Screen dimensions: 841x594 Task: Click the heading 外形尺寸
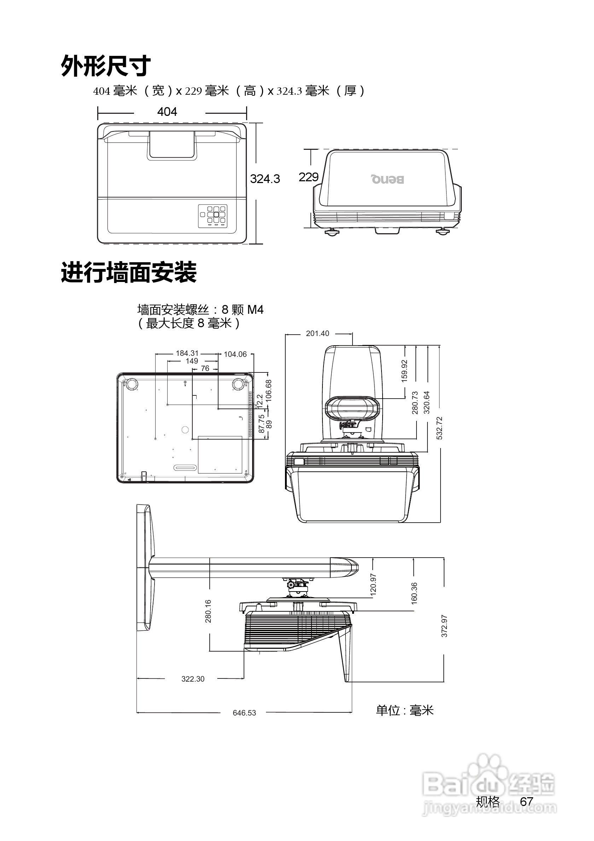105,66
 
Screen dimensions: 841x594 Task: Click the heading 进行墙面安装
129,272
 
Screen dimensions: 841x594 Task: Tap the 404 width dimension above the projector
167,112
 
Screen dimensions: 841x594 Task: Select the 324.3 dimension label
264,179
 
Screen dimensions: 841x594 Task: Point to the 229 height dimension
308,177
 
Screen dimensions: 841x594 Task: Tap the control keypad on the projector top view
212,216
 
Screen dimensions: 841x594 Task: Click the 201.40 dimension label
318,333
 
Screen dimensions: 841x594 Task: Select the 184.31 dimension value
187,353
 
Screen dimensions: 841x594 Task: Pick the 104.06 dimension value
235,354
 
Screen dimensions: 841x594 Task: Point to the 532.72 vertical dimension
440,428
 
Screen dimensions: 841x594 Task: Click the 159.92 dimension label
404,371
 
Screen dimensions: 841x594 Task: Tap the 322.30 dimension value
193,679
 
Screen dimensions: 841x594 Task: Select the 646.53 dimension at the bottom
244,713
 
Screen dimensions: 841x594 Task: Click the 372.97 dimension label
444,626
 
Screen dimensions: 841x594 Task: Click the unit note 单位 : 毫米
404,711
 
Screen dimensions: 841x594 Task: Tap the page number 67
526,802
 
